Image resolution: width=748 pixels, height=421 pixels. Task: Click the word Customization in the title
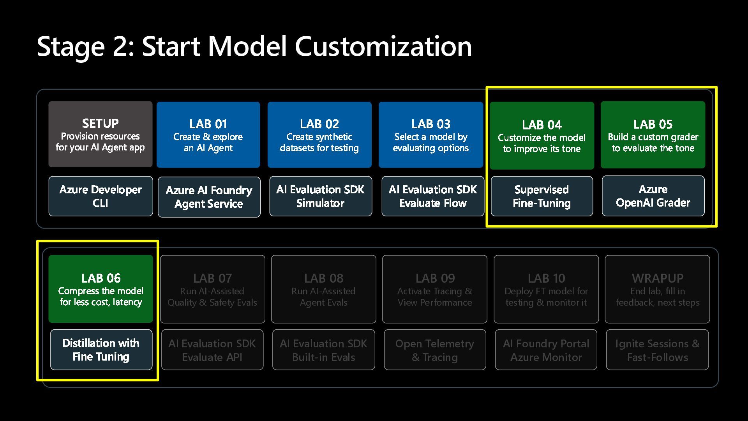[x=383, y=46]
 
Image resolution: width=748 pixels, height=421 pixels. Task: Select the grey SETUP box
[x=101, y=134]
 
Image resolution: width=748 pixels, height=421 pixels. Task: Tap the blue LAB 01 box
[x=208, y=135]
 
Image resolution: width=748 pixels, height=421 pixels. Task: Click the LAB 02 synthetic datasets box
[x=319, y=135]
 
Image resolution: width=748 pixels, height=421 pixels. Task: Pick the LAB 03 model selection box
[x=430, y=135]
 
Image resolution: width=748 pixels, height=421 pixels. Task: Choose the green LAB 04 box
[x=542, y=136]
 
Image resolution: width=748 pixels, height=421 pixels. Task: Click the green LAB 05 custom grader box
[x=653, y=135]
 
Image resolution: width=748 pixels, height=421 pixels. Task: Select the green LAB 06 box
[x=101, y=289]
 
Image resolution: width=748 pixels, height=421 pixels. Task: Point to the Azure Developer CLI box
[x=101, y=196]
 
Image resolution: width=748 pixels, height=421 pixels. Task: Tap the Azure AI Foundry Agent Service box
[x=209, y=197]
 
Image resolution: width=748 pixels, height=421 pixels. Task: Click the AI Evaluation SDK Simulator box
[x=320, y=196]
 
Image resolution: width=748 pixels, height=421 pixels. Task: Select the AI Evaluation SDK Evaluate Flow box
[x=433, y=196]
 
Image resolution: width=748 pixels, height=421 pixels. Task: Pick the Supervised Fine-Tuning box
[x=542, y=196]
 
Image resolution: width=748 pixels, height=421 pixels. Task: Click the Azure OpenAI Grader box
[x=653, y=196]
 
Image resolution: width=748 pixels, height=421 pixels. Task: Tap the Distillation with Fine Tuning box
[x=101, y=350]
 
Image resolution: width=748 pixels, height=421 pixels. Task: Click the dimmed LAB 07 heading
[x=212, y=278]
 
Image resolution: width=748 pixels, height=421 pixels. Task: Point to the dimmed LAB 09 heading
[x=435, y=278]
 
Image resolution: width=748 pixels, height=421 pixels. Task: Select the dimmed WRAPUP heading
[x=658, y=278]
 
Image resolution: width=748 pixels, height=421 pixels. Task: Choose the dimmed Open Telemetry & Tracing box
[x=435, y=350]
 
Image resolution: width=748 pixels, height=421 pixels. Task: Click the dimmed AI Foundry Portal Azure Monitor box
[x=546, y=350]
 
